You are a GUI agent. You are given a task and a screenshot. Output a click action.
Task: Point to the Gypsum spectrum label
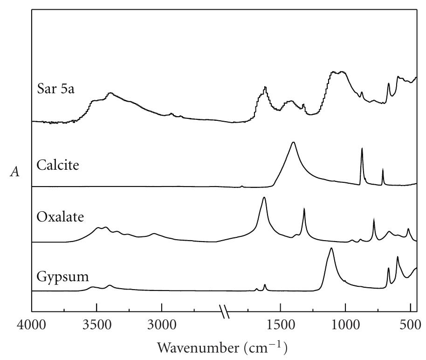coord(62,276)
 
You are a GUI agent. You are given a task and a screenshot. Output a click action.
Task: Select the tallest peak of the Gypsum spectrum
coord(331,249)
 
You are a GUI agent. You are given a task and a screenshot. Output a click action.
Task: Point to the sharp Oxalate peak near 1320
coord(304,209)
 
